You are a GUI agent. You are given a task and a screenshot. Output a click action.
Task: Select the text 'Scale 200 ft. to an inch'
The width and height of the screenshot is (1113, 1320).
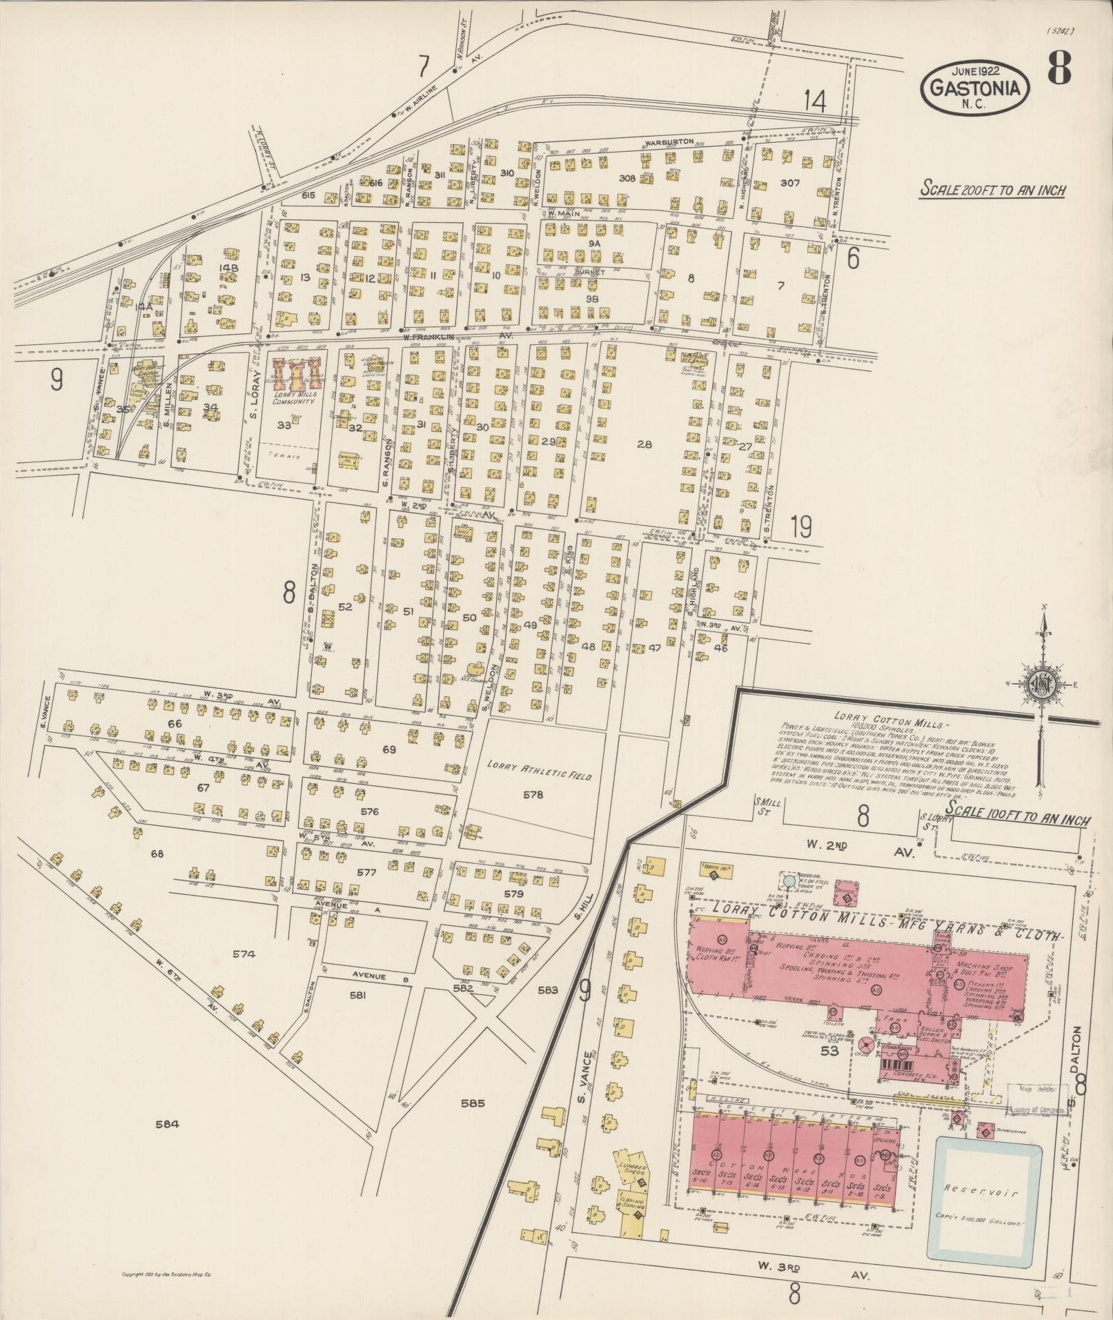tap(992, 190)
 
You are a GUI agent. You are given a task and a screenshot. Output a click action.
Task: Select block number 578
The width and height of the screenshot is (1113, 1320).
tap(533, 794)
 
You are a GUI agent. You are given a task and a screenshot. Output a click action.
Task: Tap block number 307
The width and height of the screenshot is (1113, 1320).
tap(789, 183)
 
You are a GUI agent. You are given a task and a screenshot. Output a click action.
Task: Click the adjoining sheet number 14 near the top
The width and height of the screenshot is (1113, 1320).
tap(814, 102)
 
